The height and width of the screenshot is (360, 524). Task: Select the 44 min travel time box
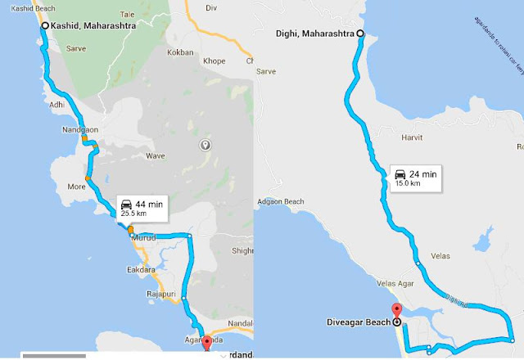pos(142,208)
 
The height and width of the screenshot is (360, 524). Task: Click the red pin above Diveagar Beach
pos(397,310)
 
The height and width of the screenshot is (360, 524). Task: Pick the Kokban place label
pos(180,52)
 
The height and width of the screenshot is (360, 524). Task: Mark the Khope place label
pos(214,61)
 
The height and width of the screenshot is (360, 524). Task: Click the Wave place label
pos(155,155)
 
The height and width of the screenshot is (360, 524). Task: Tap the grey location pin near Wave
pos(205,145)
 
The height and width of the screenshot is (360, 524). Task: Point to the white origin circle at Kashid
pos(43,26)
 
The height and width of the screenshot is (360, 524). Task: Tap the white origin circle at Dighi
pos(360,34)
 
